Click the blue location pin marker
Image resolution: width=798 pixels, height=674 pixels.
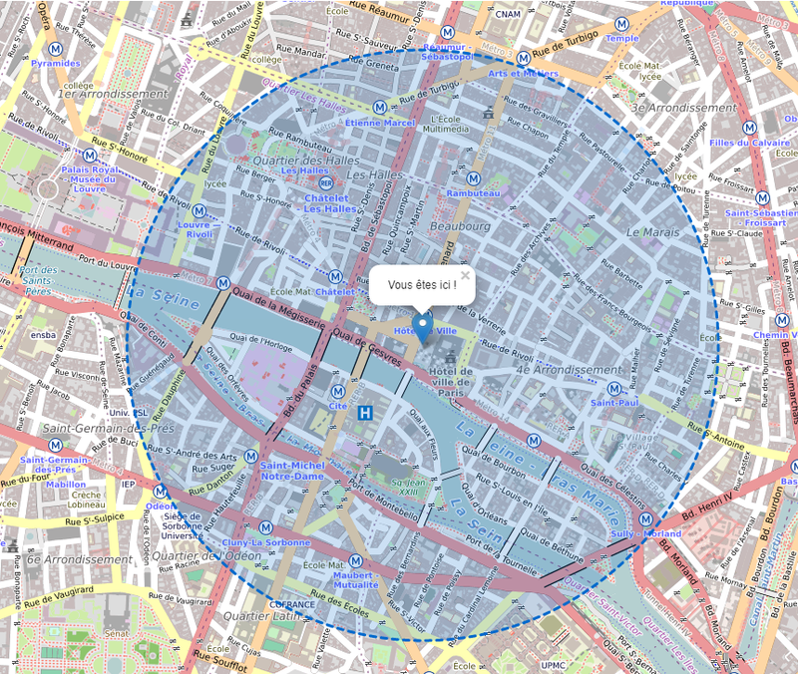click(423, 328)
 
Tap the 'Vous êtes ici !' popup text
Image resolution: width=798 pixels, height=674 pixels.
click(422, 285)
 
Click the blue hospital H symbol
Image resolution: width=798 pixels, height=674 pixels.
click(367, 412)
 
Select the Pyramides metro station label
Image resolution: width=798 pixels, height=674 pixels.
click(56, 63)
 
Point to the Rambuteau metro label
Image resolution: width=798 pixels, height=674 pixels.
click(473, 192)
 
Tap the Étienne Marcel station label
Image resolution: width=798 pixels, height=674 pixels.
click(378, 123)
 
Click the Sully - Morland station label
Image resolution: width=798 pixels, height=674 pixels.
click(647, 533)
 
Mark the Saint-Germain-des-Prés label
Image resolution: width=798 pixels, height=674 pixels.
click(94, 428)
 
